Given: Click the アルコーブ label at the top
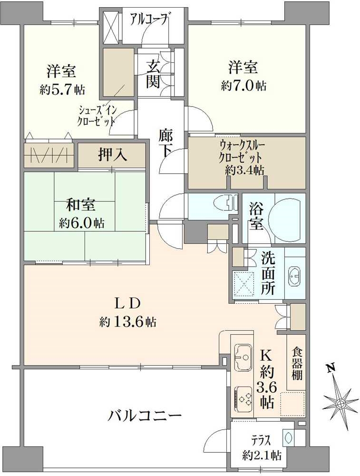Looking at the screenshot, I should [150, 20].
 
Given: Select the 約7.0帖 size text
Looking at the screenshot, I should [243, 86].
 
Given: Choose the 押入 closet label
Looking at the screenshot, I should [112, 155].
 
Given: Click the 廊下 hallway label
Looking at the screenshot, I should [166, 143].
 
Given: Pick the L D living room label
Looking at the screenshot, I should [127, 303].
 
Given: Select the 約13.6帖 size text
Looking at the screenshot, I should [128, 322].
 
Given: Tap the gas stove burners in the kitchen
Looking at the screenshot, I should [244, 396].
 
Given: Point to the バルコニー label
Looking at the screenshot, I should [144, 416].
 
